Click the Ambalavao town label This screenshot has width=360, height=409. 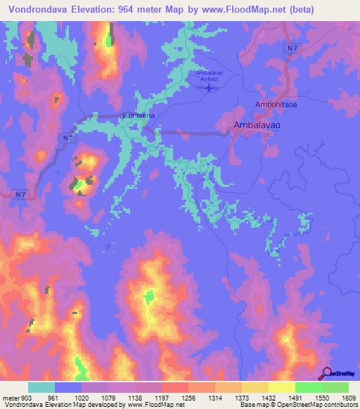[256, 125]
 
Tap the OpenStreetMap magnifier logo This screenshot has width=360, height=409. [328, 373]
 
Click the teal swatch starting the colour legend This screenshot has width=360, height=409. [41, 387]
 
